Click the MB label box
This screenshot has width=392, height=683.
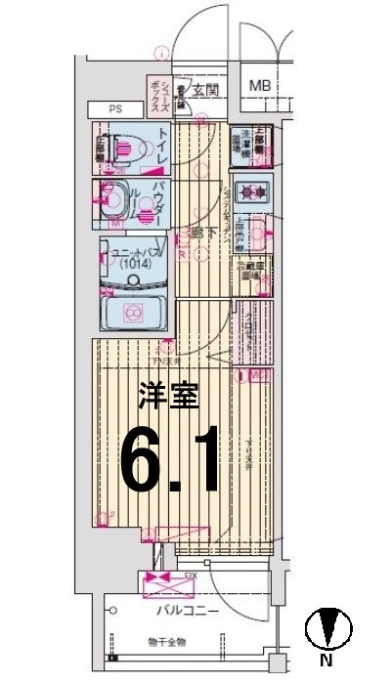(x=259, y=86)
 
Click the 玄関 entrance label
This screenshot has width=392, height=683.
(x=205, y=91)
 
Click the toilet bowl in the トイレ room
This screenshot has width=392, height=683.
(x=124, y=148)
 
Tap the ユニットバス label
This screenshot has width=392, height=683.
(x=135, y=251)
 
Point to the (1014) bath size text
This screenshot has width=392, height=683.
(x=135, y=264)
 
